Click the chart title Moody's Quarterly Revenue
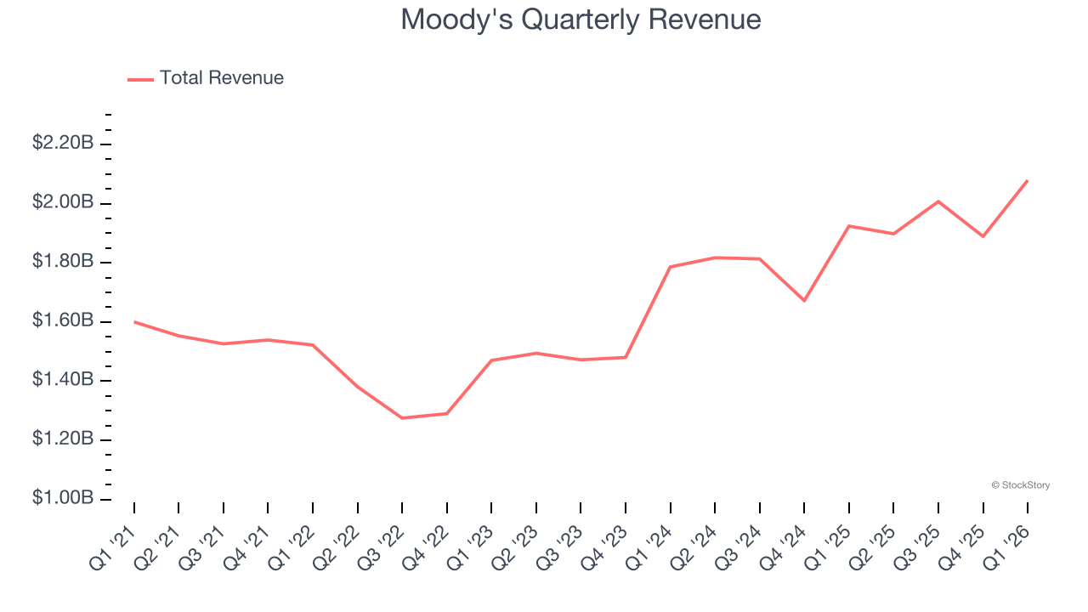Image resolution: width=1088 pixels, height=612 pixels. [581, 19]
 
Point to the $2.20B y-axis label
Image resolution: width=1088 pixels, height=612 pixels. [63, 143]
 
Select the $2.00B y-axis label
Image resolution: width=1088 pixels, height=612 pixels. [63, 202]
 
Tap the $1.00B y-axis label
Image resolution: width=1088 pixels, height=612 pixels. [63, 498]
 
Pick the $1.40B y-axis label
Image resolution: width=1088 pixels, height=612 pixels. [63, 379]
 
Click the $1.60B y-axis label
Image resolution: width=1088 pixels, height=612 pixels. [63, 320]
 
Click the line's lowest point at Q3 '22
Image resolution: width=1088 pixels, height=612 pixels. [402, 418]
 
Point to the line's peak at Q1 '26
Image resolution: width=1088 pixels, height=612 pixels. [1028, 180]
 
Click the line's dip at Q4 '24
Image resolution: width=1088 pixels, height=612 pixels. [804, 301]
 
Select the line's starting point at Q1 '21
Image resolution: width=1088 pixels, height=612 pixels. [134, 321]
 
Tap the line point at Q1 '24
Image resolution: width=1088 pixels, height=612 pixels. [671, 267]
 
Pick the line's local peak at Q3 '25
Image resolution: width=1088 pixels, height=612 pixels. [938, 201]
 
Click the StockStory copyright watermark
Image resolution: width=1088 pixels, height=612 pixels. [1020, 485]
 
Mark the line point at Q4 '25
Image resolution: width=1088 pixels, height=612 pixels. [983, 236]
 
